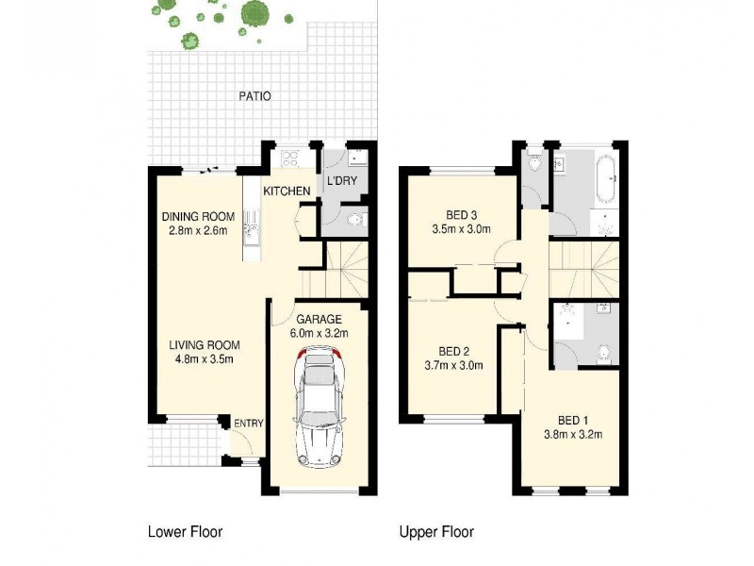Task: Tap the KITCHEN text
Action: [287, 191]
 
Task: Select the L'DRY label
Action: [340, 181]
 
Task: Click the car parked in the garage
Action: [320, 408]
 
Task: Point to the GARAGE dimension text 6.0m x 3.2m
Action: [319, 332]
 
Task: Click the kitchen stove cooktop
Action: [290, 158]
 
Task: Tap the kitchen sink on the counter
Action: [250, 226]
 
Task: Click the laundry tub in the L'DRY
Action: [356, 158]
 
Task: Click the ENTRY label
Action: [249, 424]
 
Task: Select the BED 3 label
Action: [456, 213]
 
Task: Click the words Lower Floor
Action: [185, 532]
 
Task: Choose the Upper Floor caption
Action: [436, 532]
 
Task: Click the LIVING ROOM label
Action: [205, 344]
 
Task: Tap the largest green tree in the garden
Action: [254, 13]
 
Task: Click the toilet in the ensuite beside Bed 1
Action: [604, 354]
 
